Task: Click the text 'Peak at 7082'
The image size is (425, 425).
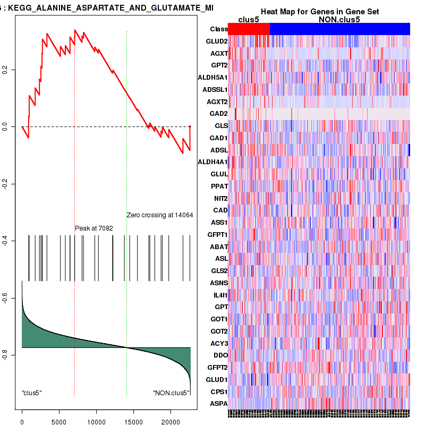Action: coord(93,228)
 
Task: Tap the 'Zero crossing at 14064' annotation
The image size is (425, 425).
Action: coord(159,215)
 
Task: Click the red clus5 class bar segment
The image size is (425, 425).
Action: coord(249,29)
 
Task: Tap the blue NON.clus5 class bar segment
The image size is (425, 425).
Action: coord(339,29)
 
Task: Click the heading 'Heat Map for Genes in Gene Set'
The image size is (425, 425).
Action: coord(319,12)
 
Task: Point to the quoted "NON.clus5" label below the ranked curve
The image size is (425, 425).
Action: coord(171,393)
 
